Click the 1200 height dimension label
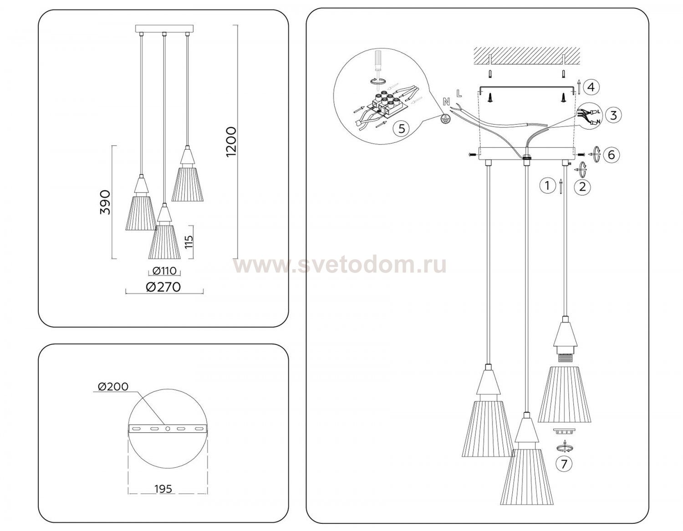(x=231, y=142)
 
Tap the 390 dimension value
(x=105, y=202)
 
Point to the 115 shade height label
(x=189, y=242)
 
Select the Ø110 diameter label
(x=164, y=270)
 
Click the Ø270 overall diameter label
(x=163, y=287)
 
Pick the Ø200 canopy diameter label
(x=113, y=386)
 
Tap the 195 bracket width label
(x=163, y=489)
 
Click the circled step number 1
(x=547, y=185)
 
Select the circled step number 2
(x=582, y=187)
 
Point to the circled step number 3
(x=613, y=115)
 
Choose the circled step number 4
(x=591, y=87)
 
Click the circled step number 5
(x=402, y=129)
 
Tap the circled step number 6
(x=612, y=155)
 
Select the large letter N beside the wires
(x=446, y=101)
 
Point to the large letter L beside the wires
(x=459, y=93)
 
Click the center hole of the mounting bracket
(x=168, y=428)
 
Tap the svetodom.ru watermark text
(x=340, y=266)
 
